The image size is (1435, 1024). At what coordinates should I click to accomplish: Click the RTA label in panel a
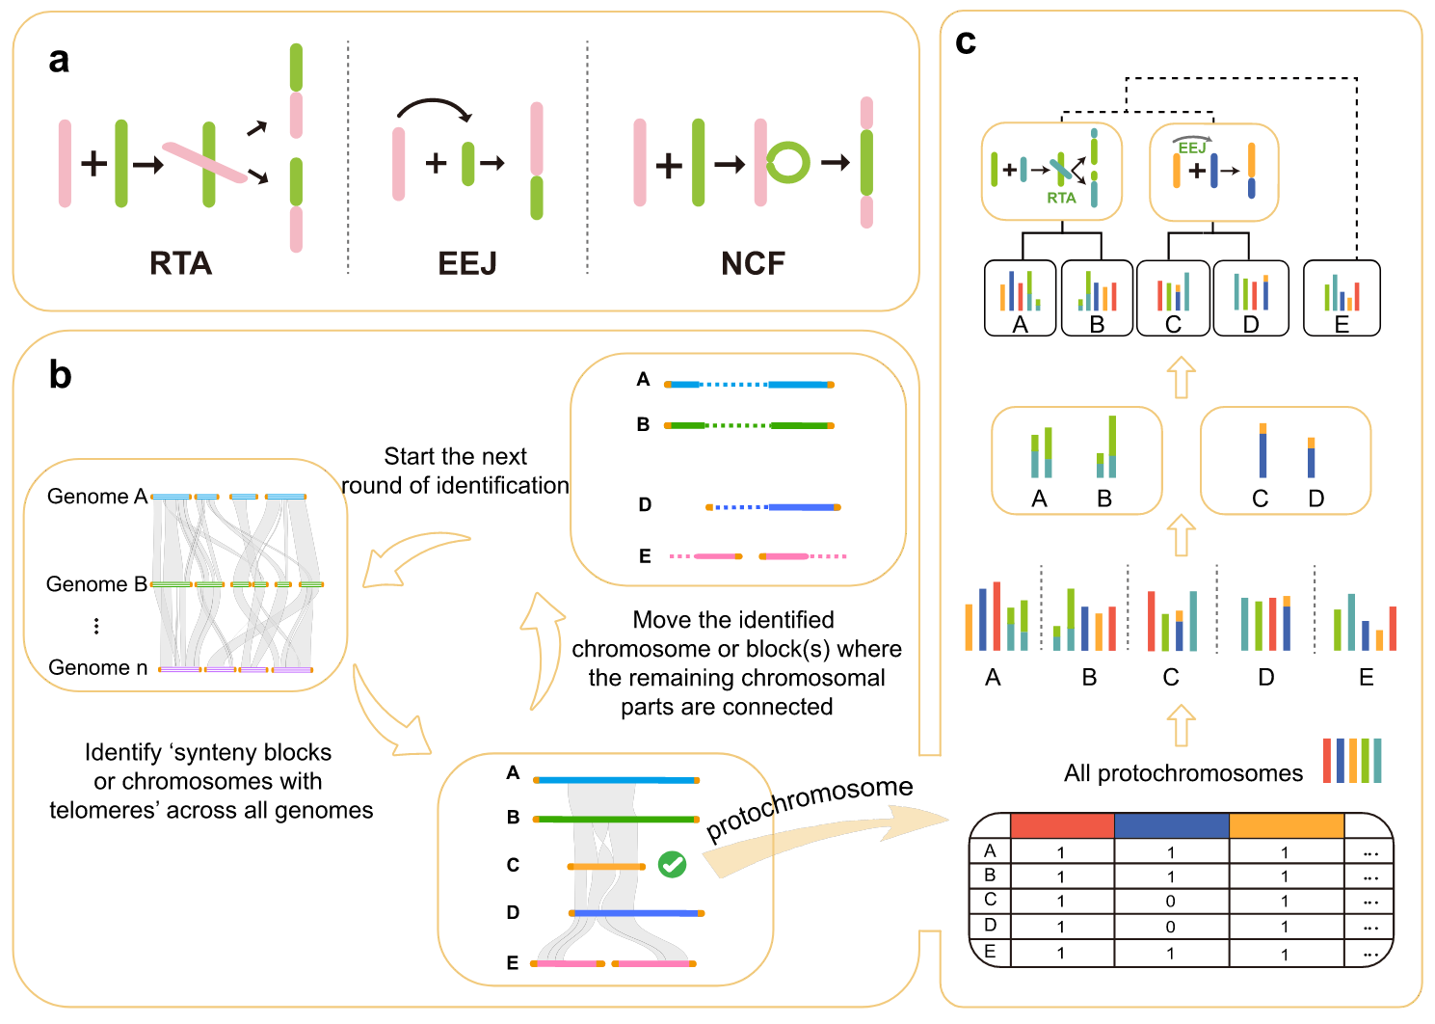coord(180,263)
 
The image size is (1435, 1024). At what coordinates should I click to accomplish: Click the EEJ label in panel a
coord(466,263)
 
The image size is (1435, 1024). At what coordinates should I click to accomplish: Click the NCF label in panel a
coord(753,263)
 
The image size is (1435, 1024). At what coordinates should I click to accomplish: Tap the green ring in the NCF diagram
coord(788,163)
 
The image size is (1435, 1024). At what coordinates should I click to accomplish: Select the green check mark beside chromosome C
coord(672,864)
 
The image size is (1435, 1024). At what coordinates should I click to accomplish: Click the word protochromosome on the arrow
coord(810,807)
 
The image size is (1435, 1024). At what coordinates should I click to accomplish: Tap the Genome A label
coord(96,497)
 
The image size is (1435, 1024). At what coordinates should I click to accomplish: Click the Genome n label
coord(97,667)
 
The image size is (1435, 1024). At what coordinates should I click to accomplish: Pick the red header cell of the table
coord(1062,825)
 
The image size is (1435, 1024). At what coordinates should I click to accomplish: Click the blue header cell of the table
coord(1171,825)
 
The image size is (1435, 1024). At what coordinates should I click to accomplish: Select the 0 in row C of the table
coord(1171,902)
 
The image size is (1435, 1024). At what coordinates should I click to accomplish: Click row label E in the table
coord(990,952)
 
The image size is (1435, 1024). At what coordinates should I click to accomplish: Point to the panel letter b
coord(60,375)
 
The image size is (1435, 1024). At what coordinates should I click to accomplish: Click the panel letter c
coord(965,41)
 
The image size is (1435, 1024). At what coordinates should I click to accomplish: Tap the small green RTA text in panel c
coord(1061,198)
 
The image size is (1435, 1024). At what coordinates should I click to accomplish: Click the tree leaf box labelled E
coord(1342,298)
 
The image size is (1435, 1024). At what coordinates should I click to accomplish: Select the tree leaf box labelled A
coord(1021,298)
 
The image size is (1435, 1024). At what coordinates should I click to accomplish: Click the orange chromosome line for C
coord(606,867)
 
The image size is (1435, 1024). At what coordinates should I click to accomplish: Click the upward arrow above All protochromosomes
coord(1181,725)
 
